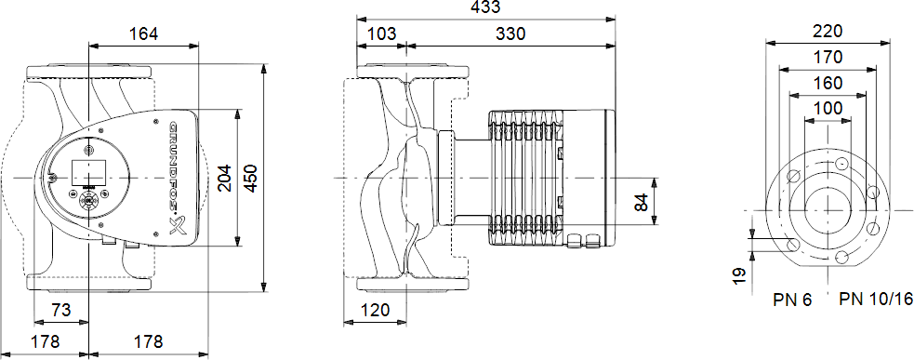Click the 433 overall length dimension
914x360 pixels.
pos(485,7)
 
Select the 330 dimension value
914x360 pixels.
pos(510,33)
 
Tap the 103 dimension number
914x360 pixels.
pos(382,33)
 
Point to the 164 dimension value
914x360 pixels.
pos(143,33)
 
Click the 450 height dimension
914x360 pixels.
pos(250,178)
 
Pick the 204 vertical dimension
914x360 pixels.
pos(224,178)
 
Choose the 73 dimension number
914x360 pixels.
pos(61,310)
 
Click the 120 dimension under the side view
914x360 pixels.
pos(375,310)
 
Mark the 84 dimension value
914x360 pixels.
pos(642,202)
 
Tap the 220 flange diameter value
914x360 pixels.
pos(828,31)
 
